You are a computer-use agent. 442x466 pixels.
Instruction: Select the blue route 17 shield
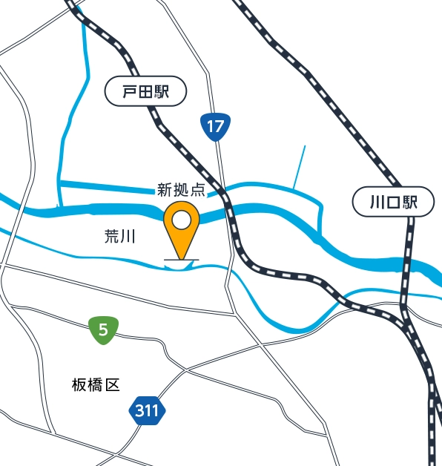pos(214,127)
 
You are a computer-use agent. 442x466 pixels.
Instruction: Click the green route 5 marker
pos(102,330)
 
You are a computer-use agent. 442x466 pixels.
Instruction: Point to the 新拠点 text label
pos(180,189)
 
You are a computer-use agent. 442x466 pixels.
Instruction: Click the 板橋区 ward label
pos(96,384)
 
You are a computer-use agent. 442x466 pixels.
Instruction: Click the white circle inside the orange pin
pos(181,220)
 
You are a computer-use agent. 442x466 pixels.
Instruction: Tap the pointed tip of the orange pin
pos(181,260)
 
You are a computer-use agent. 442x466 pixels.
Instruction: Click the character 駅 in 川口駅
pos(410,203)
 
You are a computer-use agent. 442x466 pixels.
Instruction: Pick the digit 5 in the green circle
pos(102,330)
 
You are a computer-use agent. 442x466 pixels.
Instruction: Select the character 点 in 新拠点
pos(197,189)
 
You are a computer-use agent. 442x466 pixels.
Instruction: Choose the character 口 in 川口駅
pos(393,203)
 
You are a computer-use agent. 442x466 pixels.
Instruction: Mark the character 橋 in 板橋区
pos(96,384)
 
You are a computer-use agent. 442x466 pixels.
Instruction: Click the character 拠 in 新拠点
pos(180,189)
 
